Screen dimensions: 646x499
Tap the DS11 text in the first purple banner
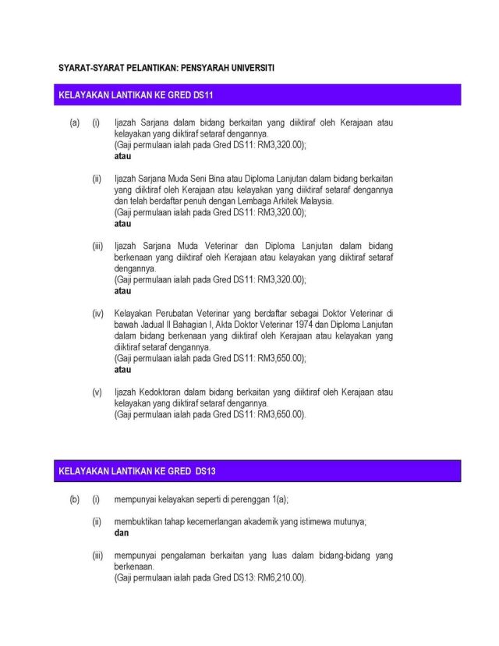click(200, 95)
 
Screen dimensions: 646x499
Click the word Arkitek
click(274, 201)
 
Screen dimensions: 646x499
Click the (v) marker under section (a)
click(97, 392)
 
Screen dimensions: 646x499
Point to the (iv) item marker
click(97, 313)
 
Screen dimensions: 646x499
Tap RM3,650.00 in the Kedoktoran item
click(281, 414)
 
